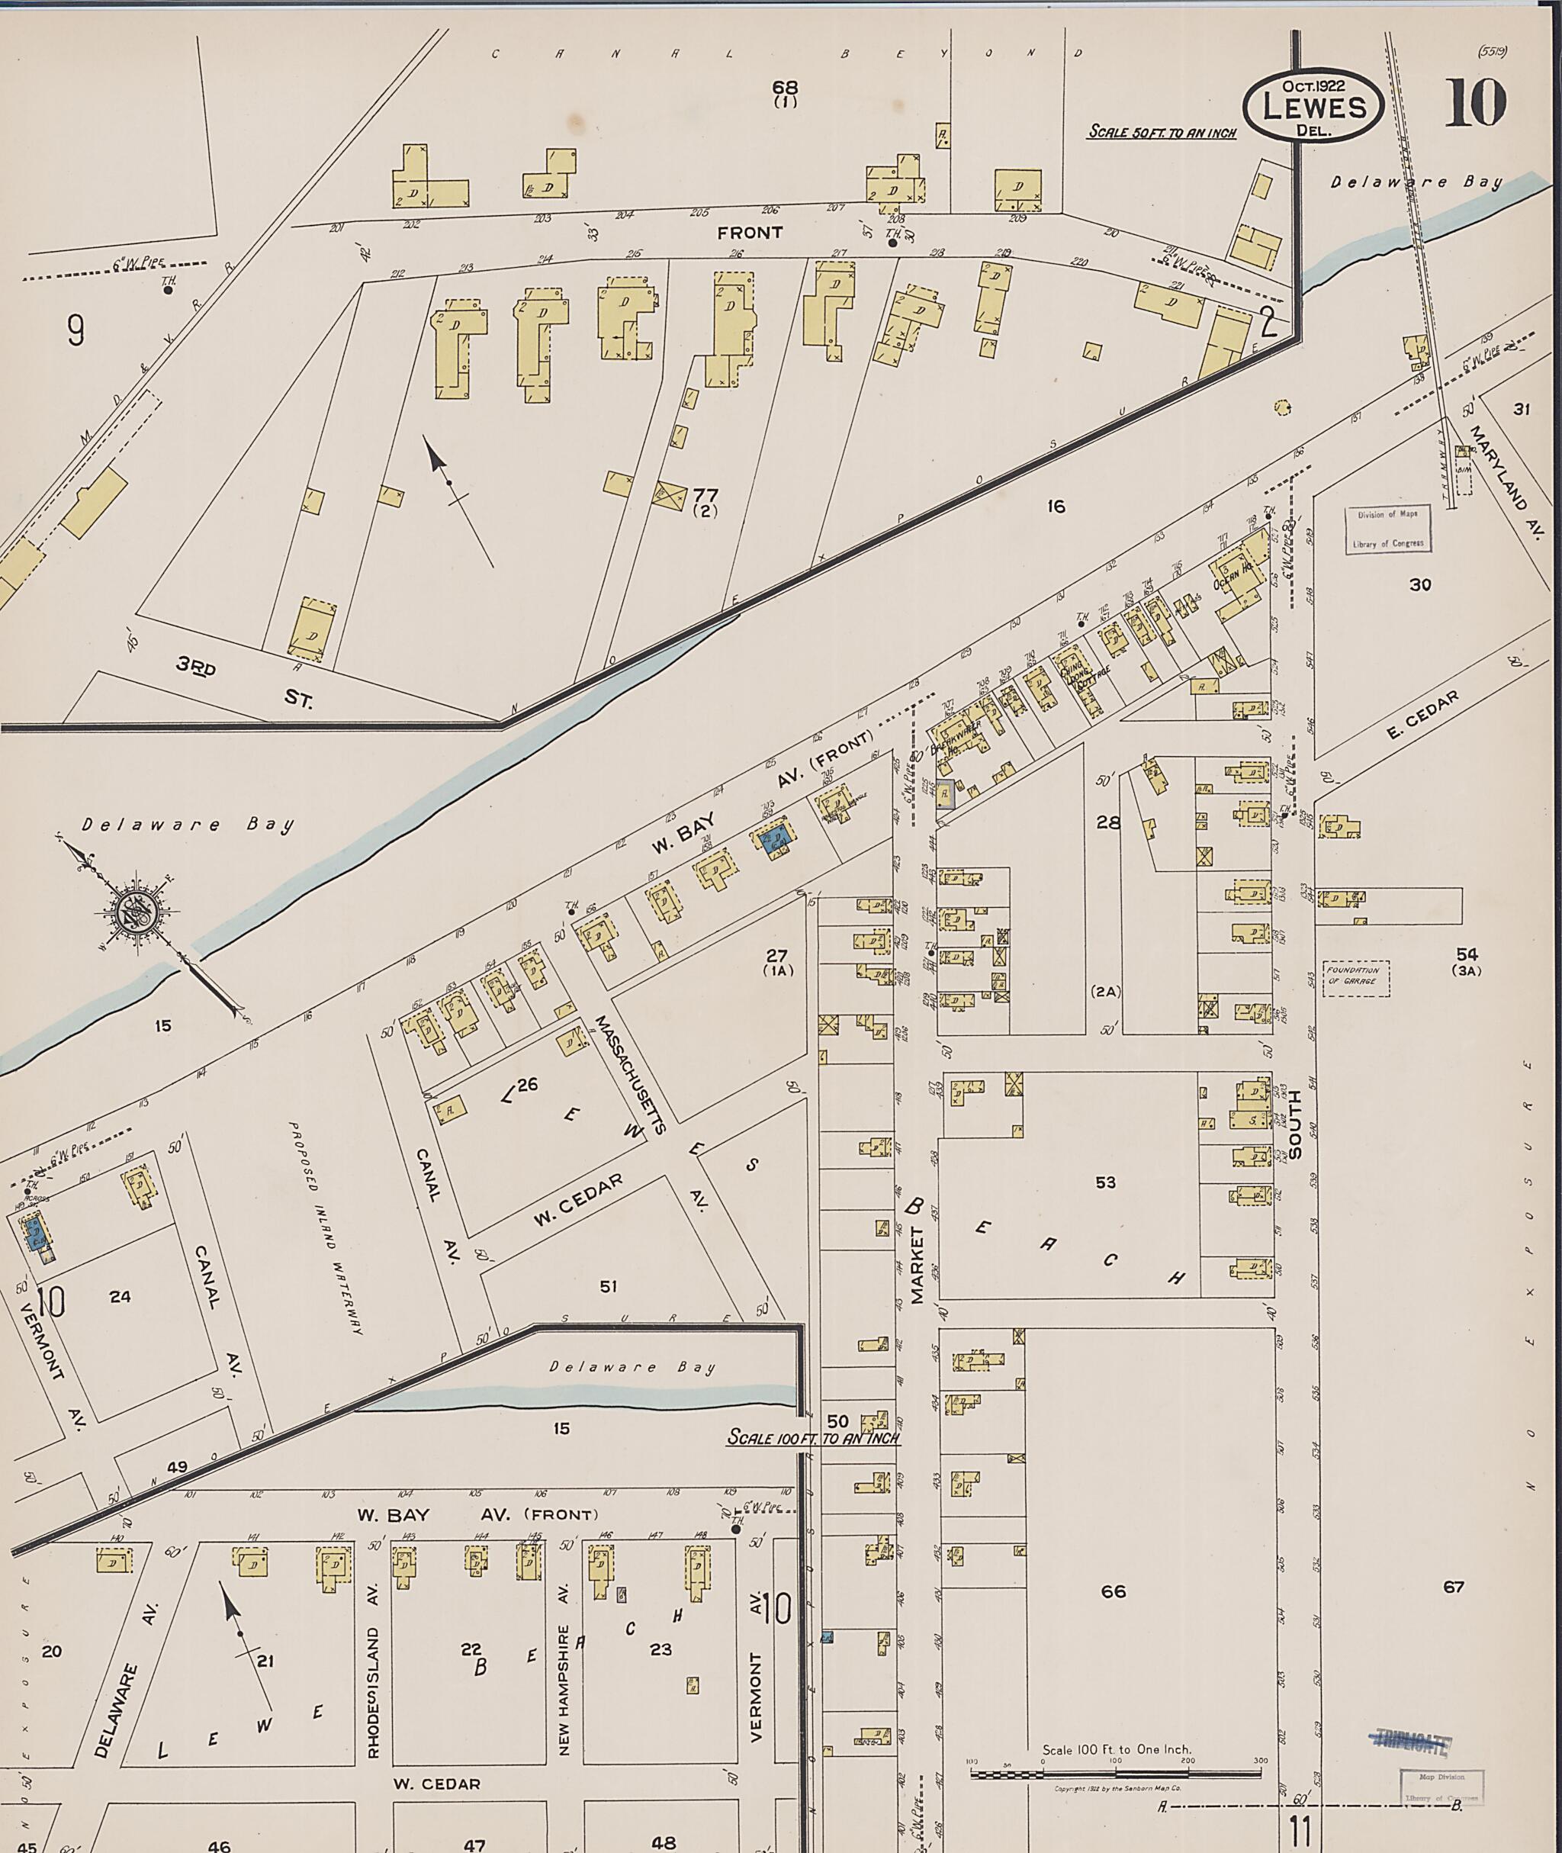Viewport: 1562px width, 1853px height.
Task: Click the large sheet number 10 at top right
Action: tap(1475, 103)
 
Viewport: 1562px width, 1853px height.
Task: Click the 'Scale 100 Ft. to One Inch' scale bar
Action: tap(1116, 1774)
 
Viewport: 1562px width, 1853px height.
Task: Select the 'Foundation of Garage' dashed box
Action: tap(1355, 978)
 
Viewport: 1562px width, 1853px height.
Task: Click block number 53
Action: tap(1105, 1182)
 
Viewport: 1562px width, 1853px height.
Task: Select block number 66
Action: tap(1113, 1591)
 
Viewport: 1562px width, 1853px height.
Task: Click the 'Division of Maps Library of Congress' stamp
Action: tap(1387, 529)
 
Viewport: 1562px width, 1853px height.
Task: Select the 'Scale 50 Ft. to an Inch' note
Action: tap(1161, 133)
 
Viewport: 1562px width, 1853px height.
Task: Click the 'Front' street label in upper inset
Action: tap(749, 233)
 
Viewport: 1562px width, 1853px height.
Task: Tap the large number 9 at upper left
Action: tap(76, 330)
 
